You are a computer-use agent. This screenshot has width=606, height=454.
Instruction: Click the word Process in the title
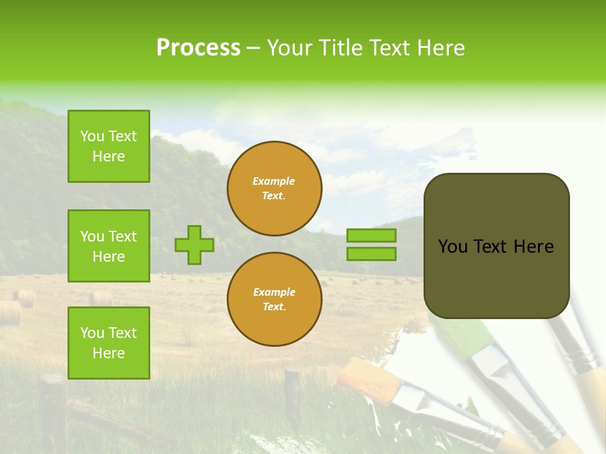point(198,48)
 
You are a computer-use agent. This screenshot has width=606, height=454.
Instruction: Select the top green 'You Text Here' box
point(109,146)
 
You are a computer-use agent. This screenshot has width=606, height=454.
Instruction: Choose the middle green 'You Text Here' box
point(109,246)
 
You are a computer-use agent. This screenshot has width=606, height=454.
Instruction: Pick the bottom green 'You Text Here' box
point(109,342)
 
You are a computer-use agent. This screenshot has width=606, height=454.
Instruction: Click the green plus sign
point(194,245)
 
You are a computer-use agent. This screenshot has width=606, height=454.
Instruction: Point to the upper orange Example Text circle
point(274,188)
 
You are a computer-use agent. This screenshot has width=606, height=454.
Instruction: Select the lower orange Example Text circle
point(274,299)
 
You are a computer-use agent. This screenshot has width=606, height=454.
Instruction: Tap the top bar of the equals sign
point(371,235)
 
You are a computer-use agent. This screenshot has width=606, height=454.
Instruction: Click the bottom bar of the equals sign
point(371,253)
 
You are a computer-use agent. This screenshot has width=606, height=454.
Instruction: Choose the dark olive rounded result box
point(496,246)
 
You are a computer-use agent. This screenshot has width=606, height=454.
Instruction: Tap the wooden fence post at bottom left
point(53,410)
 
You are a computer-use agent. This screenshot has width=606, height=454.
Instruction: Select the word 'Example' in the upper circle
point(274,181)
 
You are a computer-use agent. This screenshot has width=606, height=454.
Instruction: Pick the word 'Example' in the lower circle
point(274,292)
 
